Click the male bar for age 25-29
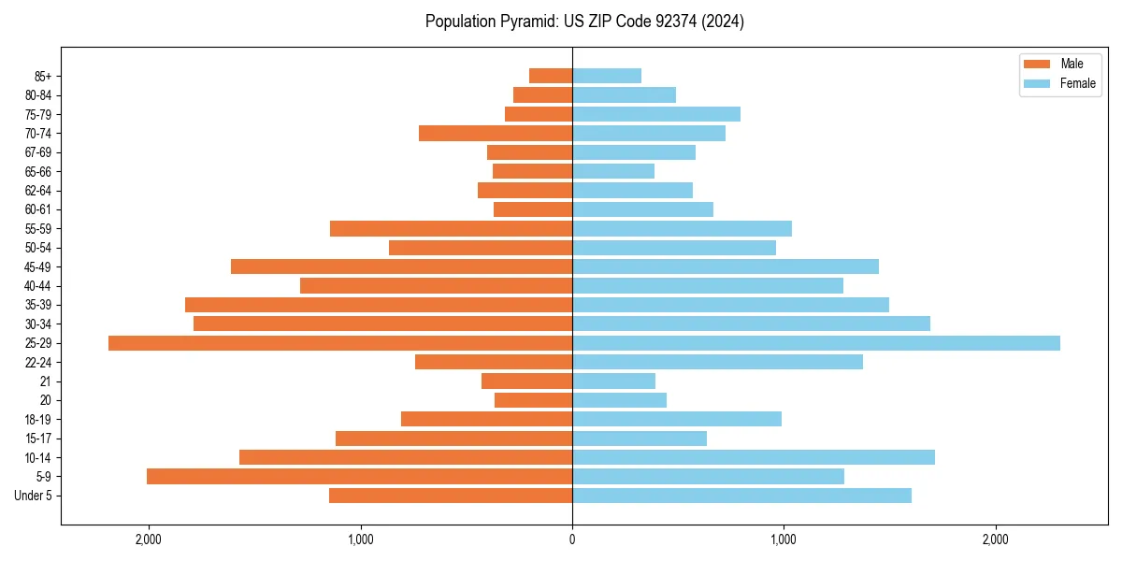pyautogui.click(x=340, y=343)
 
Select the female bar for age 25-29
pyautogui.click(x=815, y=343)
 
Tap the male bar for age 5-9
pyautogui.click(x=359, y=477)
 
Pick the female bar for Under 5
pyautogui.click(x=741, y=496)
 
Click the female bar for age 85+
pyautogui.click(x=607, y=76)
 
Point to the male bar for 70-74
pyautogui.click(x=496, y=133)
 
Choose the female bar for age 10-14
pyautogui.click(x=754, y=457)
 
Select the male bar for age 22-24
pyautogui.click(x=494, y=362)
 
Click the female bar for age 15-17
pyautogui.click(x=640, y=439)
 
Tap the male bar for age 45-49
pyautogui.click(x=401, y=266)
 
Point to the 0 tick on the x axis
pyautogui.click(x=572, y=539)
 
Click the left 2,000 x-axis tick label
pyautogui.click(x=149, y=539)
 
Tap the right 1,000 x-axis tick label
pyautogui.click(x=784, y=539)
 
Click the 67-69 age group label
pyautogui.click(x=38, y=152)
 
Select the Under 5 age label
pyautogui.click(x=33, y=496)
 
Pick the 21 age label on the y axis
pyautogui.click(x=46, y=381)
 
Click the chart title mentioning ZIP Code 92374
pyautogui.click(x=584, y=22)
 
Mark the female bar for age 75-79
pyautogui.click(x=656, y=114)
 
